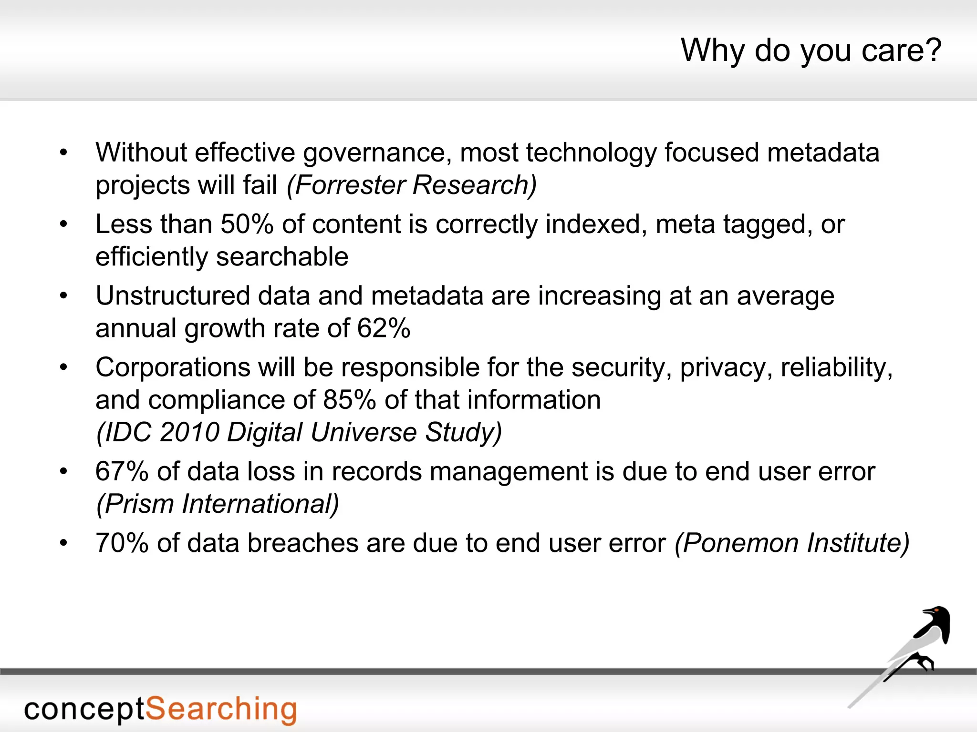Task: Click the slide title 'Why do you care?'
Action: point(811,51)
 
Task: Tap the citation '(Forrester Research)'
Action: point(411,185)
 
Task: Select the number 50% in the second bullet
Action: point(246,224)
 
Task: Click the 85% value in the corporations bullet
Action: point(349,400)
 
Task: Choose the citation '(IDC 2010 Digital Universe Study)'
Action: point(299,432)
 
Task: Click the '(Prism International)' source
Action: point(218,504)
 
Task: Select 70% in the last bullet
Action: point(122,543)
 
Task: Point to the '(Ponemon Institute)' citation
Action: point(792,543)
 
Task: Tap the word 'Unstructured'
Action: point(173,296)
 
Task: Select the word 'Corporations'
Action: point(173,367)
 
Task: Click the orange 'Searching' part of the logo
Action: point(220,710)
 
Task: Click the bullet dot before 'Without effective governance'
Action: point(63,153)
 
